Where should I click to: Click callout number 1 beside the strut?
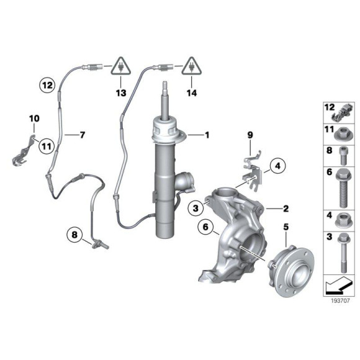pyautogui.click(x=207, y=135)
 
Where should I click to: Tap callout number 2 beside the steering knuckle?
pyautogui.click(x=287, y=209)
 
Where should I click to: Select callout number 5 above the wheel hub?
pyautogui.click(x=286, y=228)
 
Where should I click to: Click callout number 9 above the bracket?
pyautogui.click(x=251, y=135)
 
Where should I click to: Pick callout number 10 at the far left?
pyautogui.click(x=34, y=118)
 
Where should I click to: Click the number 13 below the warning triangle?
pyautogui.click(x=120, y=93)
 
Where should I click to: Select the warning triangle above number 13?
pyautogui.click(x=120, y=65)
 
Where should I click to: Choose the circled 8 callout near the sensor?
pyautogui.click(x=76, y=235)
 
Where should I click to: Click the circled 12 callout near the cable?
pyautogui.click(x=48, y=83)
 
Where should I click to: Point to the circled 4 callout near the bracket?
pyautogui.click(x=277, y=165)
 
